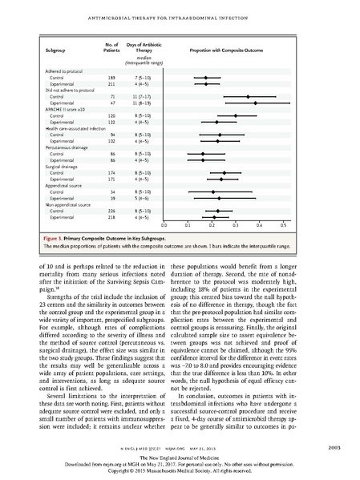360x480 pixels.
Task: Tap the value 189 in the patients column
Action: pos(101,79)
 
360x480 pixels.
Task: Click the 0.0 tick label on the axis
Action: pos(164,227)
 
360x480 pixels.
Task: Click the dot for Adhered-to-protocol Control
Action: pos(205,79)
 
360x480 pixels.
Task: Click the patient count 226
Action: pos(101,210)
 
